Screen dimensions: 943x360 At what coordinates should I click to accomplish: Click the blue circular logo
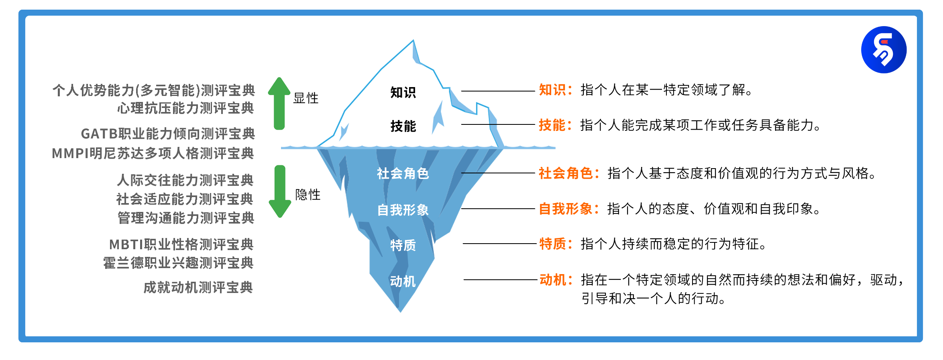(x=884, y=50)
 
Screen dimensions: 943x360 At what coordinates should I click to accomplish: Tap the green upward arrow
(x=279, y=103)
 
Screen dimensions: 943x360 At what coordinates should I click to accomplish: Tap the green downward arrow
(x=280, y=191)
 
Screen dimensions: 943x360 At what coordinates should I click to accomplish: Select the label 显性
(x=306, y=98)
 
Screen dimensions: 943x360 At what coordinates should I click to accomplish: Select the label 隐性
(x=308, y=195)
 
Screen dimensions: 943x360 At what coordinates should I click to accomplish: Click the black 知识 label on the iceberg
(x=403, y=92)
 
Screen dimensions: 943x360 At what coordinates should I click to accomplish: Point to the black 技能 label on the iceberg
(x=403, y=126)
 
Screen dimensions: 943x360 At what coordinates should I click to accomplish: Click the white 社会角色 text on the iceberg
(x=403, y=173)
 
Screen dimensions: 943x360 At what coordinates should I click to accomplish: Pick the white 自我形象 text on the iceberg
(x=403, y=209)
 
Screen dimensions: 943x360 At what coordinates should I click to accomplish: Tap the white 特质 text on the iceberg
(x=403, y=245)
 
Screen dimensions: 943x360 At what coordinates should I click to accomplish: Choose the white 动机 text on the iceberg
(x=403, y=281)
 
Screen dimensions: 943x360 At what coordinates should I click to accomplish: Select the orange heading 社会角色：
(x=569, y=173)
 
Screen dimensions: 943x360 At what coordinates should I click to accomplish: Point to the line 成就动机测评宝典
(x=198, y=287)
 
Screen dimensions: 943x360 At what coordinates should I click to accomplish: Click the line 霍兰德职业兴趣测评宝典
(x=178, y=263)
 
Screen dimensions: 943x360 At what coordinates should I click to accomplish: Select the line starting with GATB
(x=168, y=134)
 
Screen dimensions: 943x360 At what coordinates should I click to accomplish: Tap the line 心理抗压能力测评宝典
(x=185, y=108)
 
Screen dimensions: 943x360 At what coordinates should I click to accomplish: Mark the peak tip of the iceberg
(x=413, y=40)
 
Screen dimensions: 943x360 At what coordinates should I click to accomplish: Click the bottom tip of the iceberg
(x=400, y=312)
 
